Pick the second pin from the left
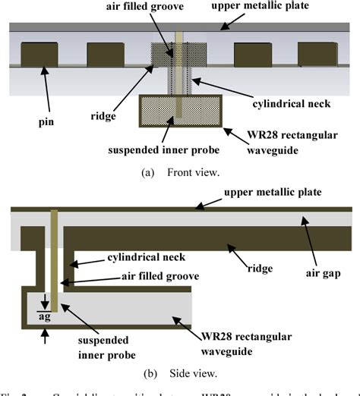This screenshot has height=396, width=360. coord(106,55)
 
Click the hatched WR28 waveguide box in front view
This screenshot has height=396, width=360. coord(179,111)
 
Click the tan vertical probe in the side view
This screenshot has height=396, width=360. coord(54,258)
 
